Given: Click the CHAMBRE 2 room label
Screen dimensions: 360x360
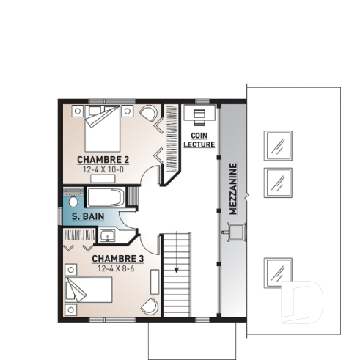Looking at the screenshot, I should point(103,159).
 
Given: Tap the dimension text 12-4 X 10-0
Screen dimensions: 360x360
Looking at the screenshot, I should point(103,169).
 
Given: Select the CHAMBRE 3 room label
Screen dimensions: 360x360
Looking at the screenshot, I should point(117,259).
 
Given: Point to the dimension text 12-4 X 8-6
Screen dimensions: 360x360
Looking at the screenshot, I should point(117,268).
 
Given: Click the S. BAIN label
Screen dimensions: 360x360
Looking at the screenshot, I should point(87,216).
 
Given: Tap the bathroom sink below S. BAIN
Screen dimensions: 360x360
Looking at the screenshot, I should point(107,235).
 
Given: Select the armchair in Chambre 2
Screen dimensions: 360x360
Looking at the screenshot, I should point(149,114).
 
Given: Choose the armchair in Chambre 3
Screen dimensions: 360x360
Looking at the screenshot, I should point(150,306).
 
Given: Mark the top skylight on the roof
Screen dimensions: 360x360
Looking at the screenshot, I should point(278,145).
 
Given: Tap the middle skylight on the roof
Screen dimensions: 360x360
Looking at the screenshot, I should point(278,180).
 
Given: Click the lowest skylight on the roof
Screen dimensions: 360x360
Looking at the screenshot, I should point(278,272).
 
